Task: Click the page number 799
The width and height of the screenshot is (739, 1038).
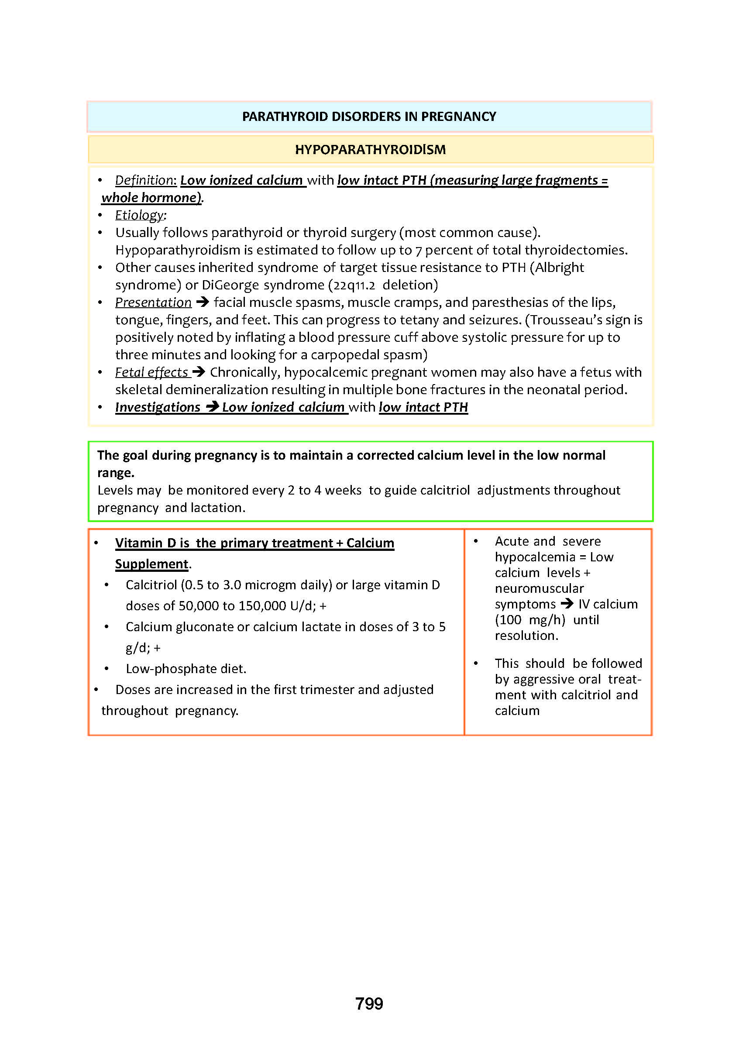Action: (x=369, y=1003)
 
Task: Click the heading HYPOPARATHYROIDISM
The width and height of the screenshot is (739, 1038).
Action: (x=371, y=149)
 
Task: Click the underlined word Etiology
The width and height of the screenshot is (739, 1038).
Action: (x=139, y=215)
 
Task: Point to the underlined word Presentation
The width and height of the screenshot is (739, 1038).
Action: (x=153, y=302)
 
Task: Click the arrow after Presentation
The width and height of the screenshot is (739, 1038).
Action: (x=203, y=302)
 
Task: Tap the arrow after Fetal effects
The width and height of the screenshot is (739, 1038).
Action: (x=199, y=372)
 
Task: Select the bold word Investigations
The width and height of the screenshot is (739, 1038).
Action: (x=158, y=407)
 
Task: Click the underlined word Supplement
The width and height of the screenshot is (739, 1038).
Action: (x=151, y=564)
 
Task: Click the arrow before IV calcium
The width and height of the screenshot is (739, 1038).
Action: (x=567, y=603)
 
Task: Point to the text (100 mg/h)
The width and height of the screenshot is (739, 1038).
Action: (x=529, y=620)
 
